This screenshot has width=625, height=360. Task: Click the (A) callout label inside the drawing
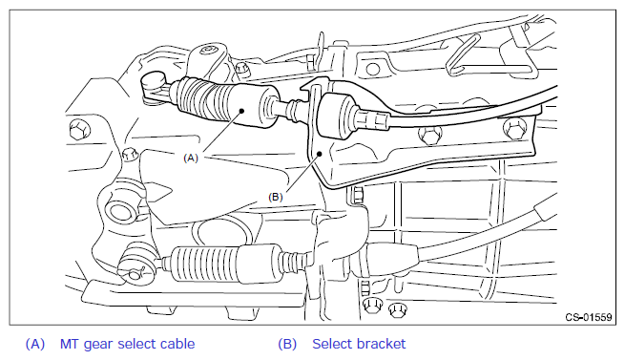point(191,159)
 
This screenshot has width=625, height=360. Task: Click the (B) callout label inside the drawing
point(276,197)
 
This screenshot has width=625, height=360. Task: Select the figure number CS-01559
point(589,317)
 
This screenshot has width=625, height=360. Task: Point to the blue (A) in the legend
point(35,344)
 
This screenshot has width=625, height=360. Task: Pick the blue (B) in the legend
point(287,344)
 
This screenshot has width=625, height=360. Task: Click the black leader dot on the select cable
point(241,112)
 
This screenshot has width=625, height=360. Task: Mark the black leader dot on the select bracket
point(320,154)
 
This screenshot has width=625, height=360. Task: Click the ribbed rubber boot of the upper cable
point(199,99)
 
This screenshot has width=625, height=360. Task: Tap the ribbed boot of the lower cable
point(205,264)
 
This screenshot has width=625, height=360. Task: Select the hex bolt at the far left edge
point(80,130)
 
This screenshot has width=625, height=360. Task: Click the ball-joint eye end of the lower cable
point(137,265)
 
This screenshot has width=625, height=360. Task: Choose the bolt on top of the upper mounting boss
point(208,50)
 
